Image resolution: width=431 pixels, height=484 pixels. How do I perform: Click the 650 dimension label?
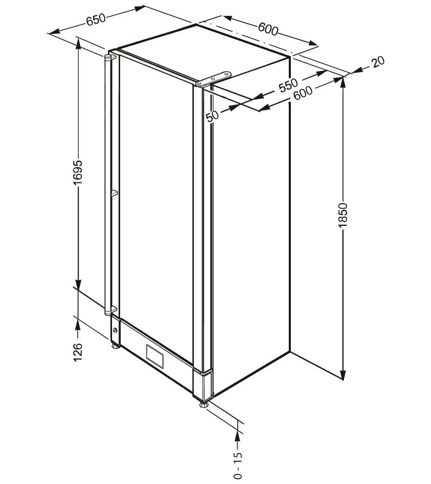(x=96, y=20)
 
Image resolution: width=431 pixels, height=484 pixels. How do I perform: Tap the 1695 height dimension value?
(x=78, y=173)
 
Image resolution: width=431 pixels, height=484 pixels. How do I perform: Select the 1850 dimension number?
(x=343, y=216)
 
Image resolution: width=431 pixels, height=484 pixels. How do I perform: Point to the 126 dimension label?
(x=78, y=352)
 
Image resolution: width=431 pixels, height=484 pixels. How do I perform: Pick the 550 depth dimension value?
(x=288, y=86)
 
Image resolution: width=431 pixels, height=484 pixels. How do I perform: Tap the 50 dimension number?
(x=213, y=116)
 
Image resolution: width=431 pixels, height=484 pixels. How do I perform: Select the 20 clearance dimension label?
(x=378, y=61)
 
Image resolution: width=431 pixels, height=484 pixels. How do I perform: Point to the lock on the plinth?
(x=115, y=330)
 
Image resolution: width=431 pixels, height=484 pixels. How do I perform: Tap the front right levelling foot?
(x=204, y=404)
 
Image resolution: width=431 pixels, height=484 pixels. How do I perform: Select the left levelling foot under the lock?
(x=116, y=345)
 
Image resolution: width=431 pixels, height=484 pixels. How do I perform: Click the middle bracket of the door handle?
(x=114, y=193)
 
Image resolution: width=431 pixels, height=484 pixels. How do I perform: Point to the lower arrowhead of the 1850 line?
(x=343, y=374)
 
